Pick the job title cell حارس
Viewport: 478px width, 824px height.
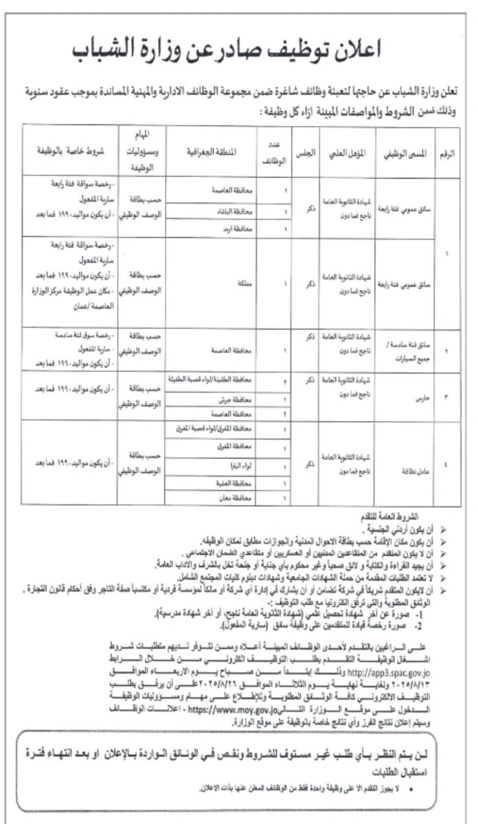tap(404, 396)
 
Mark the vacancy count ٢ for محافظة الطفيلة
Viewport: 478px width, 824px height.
tap(266, 379)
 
